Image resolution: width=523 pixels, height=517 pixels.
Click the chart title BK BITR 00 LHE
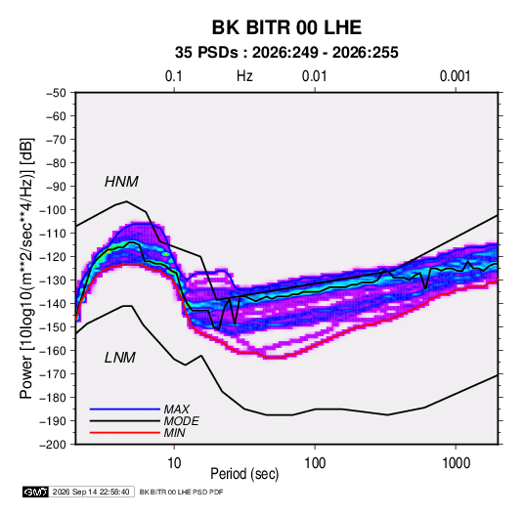click(286, 27)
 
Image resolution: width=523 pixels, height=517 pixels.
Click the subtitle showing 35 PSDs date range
click(286, 53)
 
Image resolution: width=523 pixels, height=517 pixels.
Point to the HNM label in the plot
click(121, 182)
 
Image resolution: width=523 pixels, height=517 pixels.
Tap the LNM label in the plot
click(120, 358)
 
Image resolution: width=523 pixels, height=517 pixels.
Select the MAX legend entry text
click(177, 409)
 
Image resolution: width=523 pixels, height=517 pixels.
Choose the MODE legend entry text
click(182, 421)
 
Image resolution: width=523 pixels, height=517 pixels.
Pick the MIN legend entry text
click(174, 433)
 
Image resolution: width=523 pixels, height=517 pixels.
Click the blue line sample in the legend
click(125, 409)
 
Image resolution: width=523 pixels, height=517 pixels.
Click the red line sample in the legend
click(125, 433)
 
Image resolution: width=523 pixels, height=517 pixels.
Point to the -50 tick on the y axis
click(56, 93)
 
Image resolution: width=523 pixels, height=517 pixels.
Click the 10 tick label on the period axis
click(174, 463)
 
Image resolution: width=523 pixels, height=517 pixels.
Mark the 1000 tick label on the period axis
click(456, 463)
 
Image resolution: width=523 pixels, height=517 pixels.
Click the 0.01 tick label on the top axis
click(314, 76)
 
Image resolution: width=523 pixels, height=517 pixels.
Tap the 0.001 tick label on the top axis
click(455, 76)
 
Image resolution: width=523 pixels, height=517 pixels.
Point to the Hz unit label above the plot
click(244, 76)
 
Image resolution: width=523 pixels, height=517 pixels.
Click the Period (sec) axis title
click(244, 474)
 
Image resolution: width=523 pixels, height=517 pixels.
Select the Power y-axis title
click(26, 268)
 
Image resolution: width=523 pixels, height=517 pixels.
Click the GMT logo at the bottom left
click(35, 492)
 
